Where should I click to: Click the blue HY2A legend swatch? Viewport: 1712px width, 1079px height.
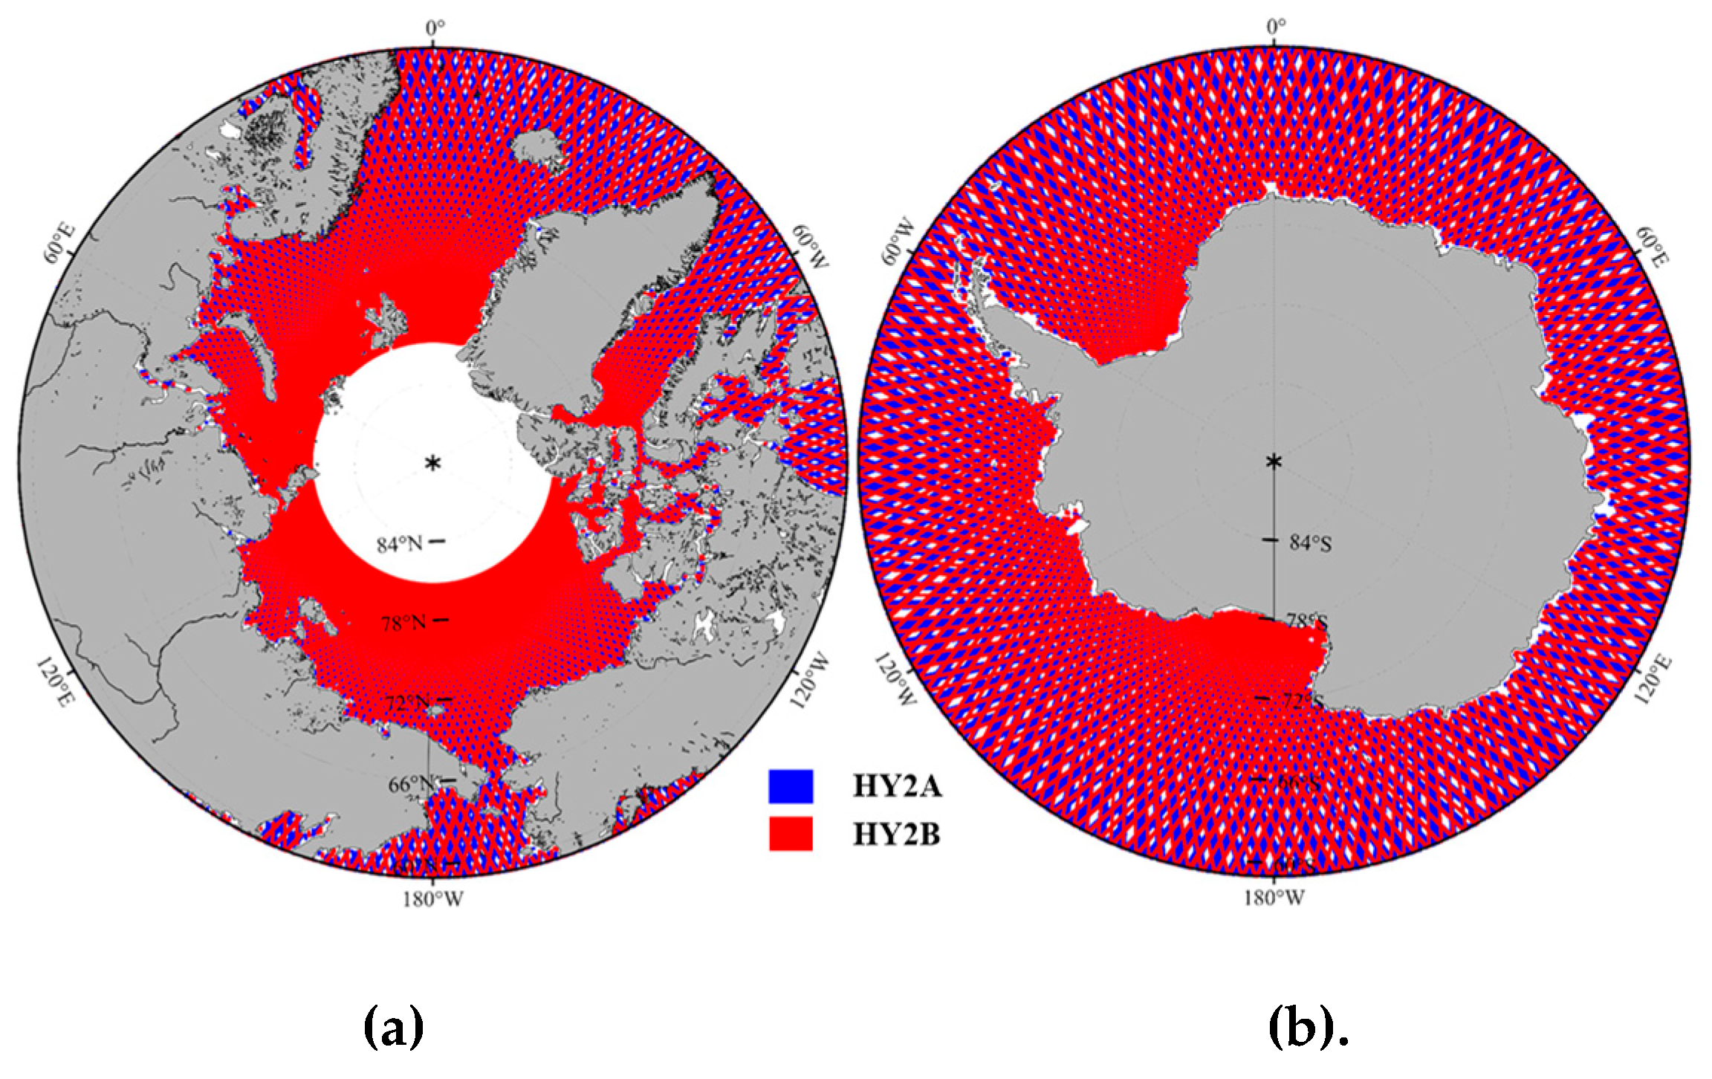[791, 786]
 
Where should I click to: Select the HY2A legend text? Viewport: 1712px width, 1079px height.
[897, 786]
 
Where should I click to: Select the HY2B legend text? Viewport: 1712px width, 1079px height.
[896, 835]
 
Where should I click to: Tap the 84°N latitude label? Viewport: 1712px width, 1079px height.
[400, 545]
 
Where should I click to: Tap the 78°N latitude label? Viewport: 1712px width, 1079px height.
[404, 623]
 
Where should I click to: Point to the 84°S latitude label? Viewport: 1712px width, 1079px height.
[1311, 543]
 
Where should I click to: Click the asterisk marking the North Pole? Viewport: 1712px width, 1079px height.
[432, 464]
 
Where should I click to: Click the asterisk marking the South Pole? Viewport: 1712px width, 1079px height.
[1274, 461]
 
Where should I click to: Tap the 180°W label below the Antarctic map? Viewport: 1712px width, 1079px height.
[1274, 898]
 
